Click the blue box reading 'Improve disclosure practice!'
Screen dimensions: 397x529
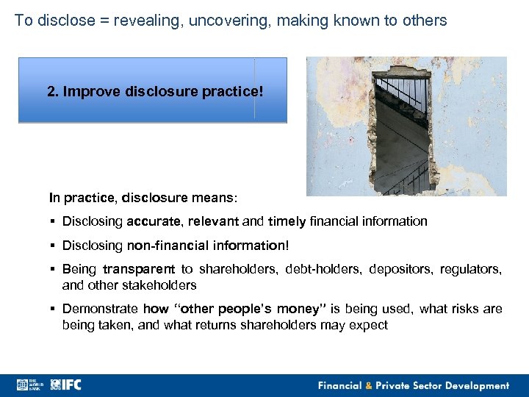(152, 90)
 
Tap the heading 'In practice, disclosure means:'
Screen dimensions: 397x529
(132, 197)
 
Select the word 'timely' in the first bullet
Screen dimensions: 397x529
(287, 221)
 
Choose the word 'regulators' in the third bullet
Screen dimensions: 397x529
(471, 270)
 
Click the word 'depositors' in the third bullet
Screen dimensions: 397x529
(396, 270)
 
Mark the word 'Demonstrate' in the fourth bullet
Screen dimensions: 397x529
(101, 309)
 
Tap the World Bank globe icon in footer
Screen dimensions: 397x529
(22, 385)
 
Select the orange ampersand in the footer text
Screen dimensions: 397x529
(369, 385)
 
